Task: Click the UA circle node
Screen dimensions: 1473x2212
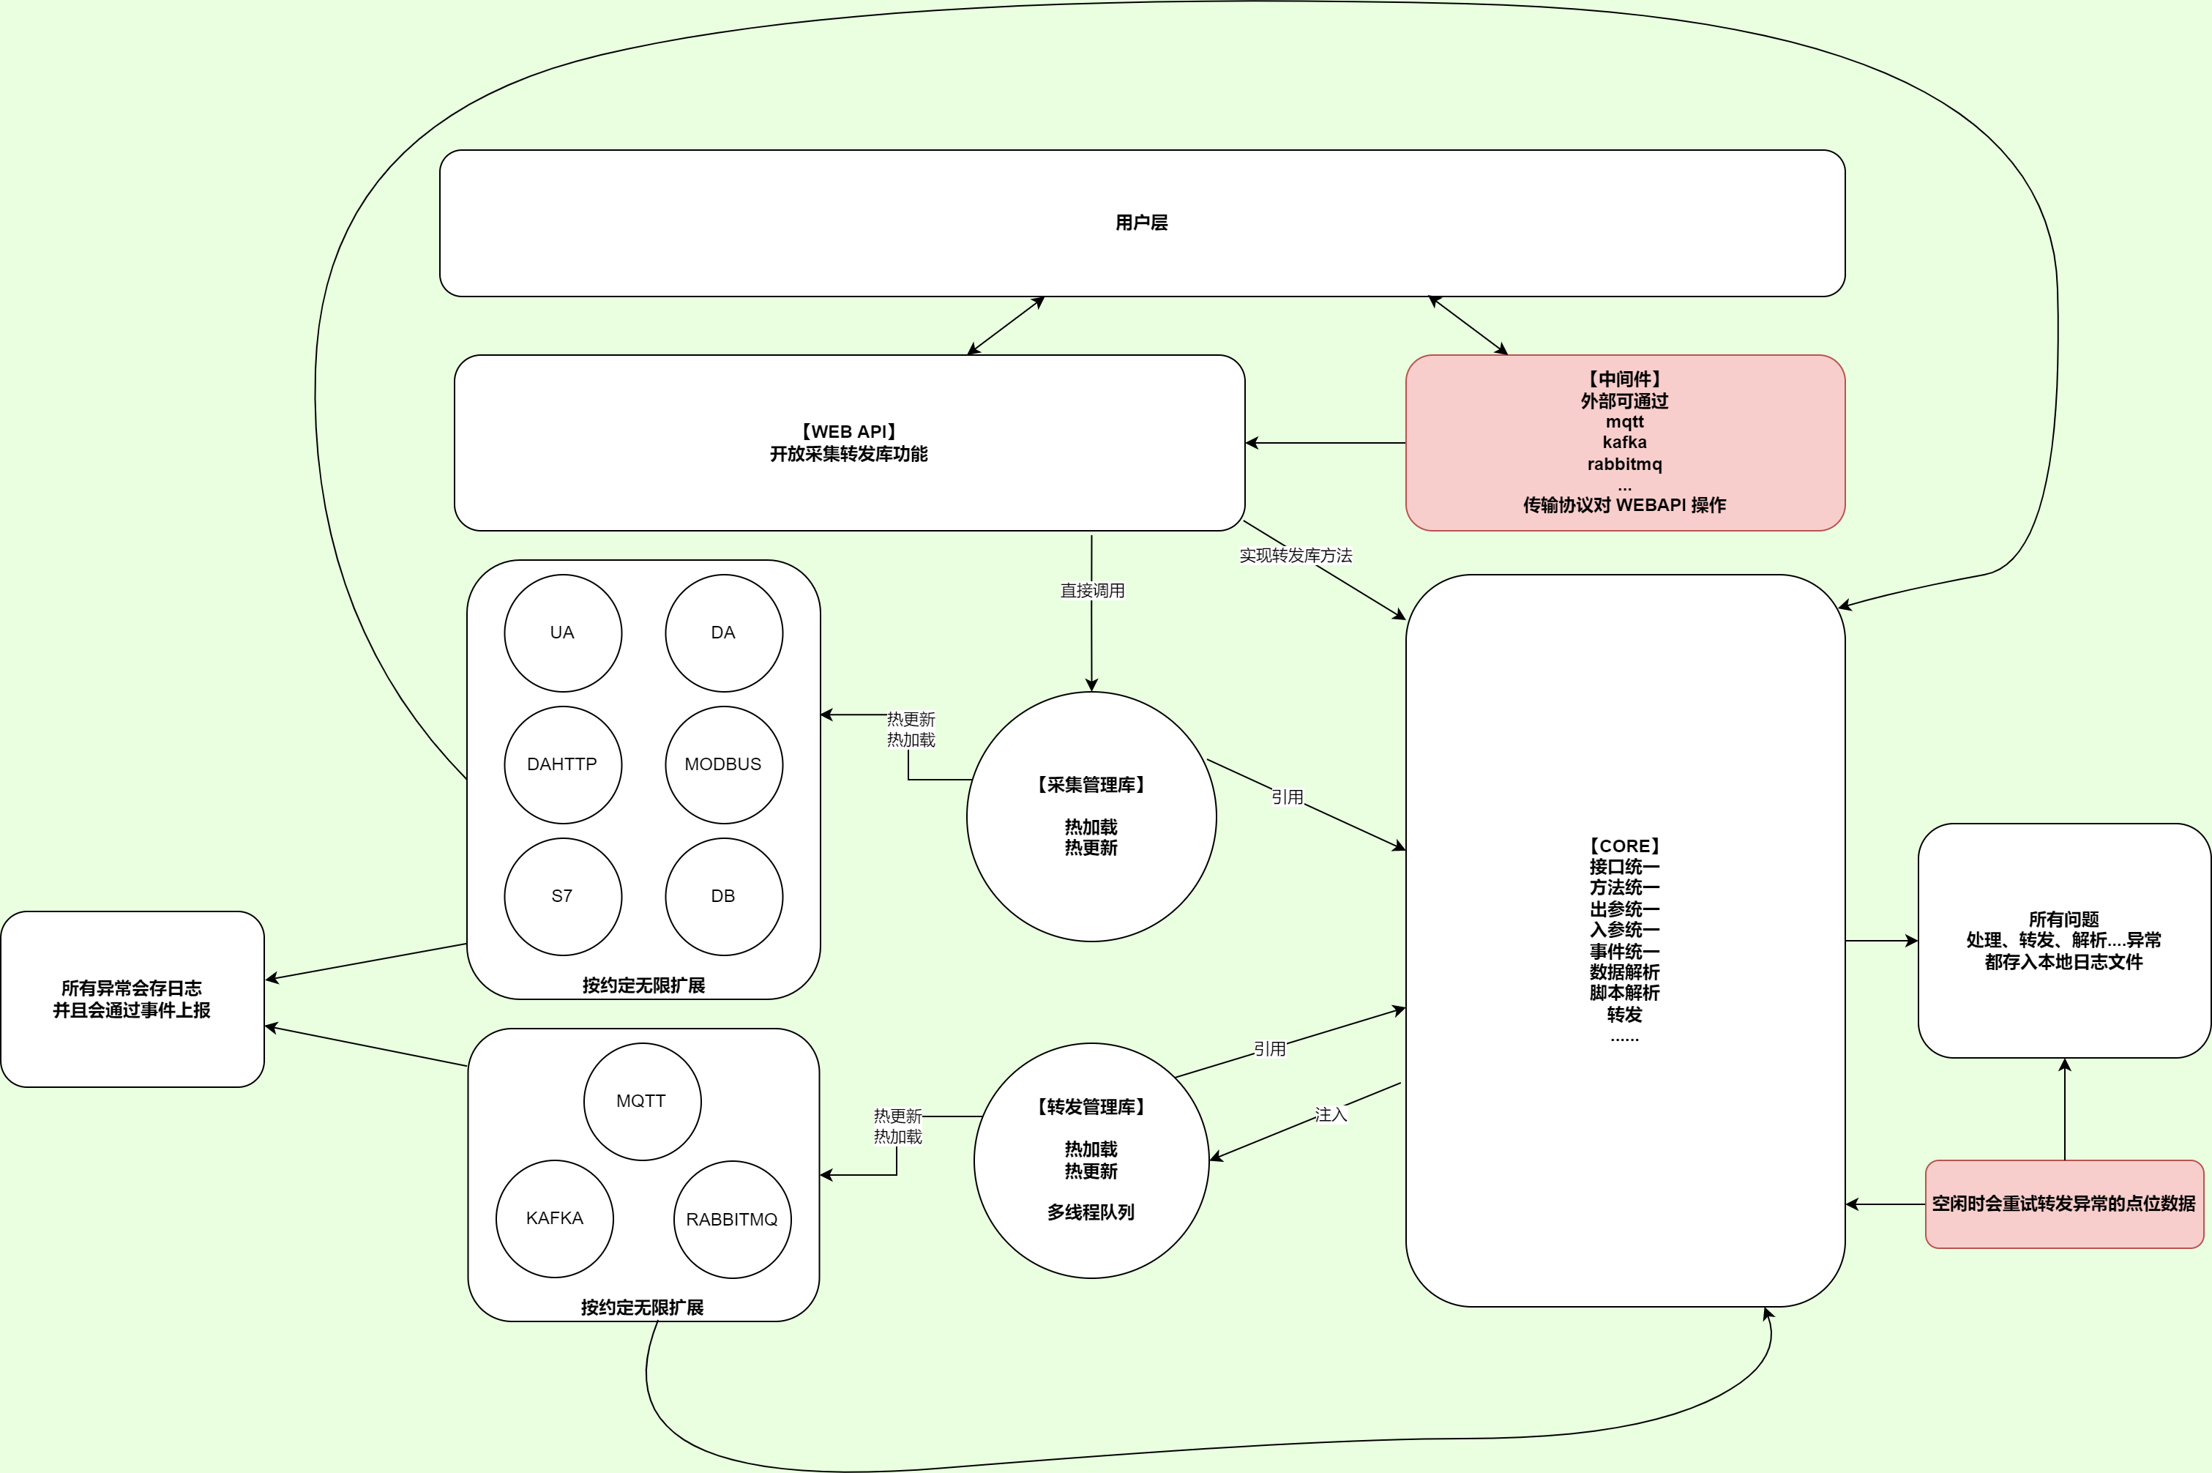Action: click(563, 633)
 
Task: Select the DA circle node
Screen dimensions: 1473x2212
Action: click(723, 633)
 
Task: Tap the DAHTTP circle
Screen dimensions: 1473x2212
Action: click(563, 764)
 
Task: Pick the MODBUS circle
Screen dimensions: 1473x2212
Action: click(723, 764)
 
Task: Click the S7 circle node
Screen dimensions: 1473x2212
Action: click(563, 896)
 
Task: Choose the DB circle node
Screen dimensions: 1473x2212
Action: click(723, 896)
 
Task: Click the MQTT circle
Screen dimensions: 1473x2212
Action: click(641, 1101)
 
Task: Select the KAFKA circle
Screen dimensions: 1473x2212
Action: click(554, 1218)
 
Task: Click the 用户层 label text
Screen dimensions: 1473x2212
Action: click(1141, 223)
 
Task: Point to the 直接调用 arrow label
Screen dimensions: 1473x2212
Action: click(1091, 591)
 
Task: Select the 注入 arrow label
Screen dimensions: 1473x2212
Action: click(1330, 1115)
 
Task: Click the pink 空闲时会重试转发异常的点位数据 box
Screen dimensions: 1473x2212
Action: click(2063, 1204)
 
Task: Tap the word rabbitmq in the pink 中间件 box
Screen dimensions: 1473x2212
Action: click(1624, 464)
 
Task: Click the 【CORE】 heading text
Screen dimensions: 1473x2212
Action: click(1624, 846)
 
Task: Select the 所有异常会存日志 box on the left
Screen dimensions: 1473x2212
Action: click(132, 999)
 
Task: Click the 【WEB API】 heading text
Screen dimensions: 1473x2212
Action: click(848, 432)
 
